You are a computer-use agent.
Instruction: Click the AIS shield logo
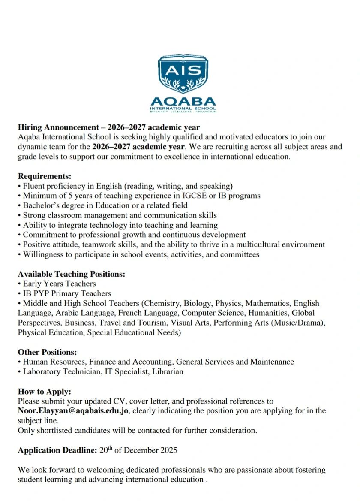[183, 74]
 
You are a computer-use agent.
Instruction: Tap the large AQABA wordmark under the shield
[183, 102]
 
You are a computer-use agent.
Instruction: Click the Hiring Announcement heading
[109, 127]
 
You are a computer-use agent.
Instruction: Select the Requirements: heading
[45, 176]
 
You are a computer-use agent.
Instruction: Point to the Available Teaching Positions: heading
[72, 274]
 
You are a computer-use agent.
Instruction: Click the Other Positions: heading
[48, 352]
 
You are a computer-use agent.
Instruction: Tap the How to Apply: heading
[45, 392]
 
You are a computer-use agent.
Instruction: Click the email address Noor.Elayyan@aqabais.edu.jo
[74, 411]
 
